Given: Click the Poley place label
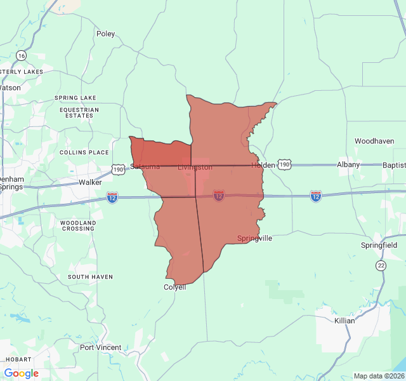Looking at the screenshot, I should (105, 34).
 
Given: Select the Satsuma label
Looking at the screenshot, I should (145, 166).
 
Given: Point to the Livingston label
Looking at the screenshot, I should (195, 167).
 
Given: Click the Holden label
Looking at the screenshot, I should (263, 165).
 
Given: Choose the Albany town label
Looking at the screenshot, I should (348, 164).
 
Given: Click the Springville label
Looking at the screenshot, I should (254, 238).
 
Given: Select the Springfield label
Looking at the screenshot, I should (379, 245).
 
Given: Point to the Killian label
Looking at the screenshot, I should (344, 321).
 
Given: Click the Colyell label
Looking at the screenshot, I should (175, 287).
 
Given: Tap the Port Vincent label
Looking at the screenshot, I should (100, 347).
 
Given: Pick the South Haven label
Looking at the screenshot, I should (90, 277).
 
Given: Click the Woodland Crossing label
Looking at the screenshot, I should (78, 225).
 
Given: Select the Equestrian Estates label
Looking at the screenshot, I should (79, 112).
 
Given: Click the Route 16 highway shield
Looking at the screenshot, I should (22, 56).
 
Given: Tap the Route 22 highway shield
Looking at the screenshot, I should (380, 265).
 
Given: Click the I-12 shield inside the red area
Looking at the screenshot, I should (219, 196).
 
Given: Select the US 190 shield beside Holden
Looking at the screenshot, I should (285, 165).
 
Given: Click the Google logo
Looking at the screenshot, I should (22, 373).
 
